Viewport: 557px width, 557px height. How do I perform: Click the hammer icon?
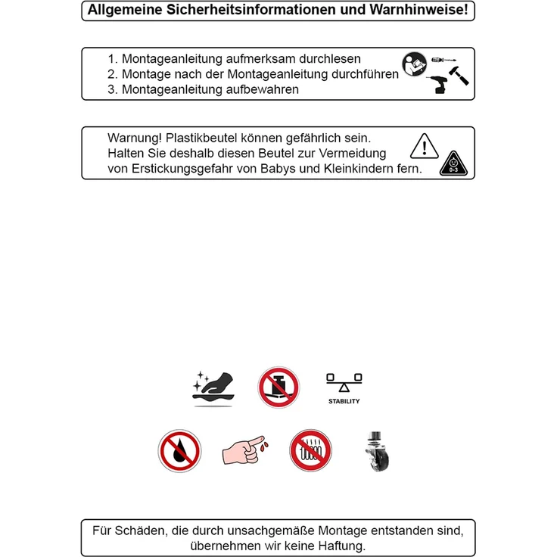[x=459, y=76]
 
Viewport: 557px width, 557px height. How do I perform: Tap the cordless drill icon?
[x=437, y=85]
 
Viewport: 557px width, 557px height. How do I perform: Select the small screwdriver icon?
[x=443, y=60]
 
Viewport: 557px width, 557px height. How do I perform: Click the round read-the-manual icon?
[x=414, y=64]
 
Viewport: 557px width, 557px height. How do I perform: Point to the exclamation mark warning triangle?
[x=424, y=146]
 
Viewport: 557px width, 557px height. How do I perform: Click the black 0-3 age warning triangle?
[x=453, y=163]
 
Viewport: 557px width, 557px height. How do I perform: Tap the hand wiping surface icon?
[x=213, y=388]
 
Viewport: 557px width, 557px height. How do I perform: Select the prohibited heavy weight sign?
[x=278, y=387]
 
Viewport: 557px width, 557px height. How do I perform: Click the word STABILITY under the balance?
[x=344, y=401]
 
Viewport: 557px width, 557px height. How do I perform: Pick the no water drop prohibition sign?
[x=180, y=451]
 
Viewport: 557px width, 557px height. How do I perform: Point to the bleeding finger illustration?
[x=245, y=450]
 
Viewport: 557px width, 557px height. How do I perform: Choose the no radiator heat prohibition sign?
[x=310, y=450]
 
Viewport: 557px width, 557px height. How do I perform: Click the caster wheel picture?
[x=377, y=451]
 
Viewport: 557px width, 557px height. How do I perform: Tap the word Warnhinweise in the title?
[x=419, y=10]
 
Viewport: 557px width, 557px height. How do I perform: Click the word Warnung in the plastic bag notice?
[x=135, y=138]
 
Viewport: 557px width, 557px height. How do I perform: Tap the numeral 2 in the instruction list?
[x=111, y=74]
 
